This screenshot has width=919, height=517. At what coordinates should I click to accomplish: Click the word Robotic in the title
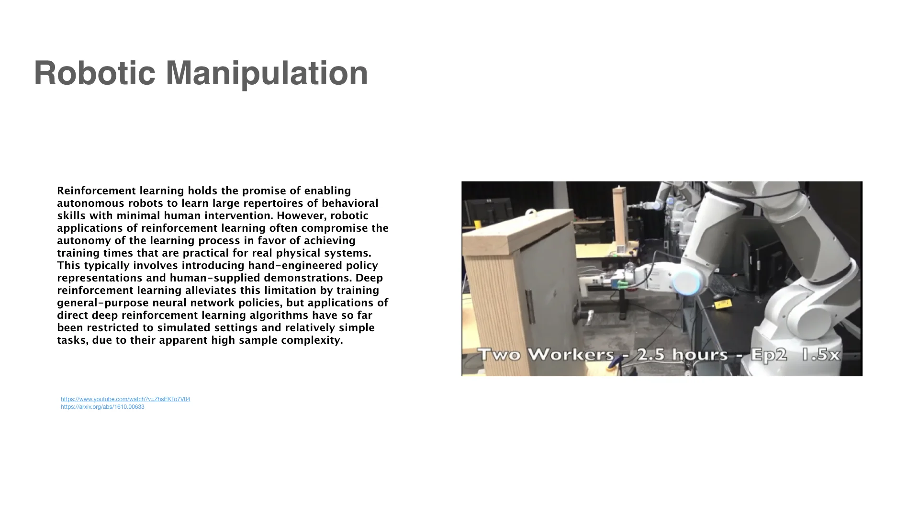[x=95, y=73]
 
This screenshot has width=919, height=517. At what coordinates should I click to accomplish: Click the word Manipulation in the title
[x=267, y=73]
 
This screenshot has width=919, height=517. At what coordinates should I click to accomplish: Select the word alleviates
[x=211, y=291]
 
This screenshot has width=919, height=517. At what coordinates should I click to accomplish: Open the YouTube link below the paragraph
[x=125, y=399]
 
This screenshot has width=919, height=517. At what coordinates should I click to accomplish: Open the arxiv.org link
[x=102, y=407]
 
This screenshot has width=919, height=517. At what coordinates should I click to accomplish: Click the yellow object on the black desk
[x=722, y=303]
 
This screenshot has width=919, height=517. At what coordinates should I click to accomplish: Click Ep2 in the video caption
[x=769, y=355]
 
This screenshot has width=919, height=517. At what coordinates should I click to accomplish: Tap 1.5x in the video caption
[x=821, y=355]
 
